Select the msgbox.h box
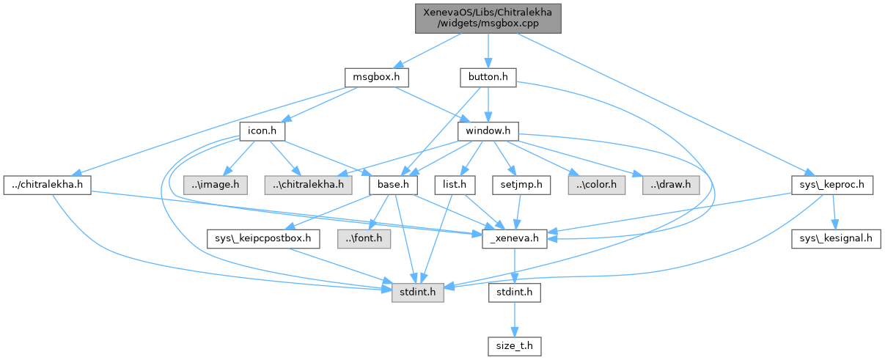pos(376,76)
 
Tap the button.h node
pos(488,76)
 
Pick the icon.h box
pos(262,131)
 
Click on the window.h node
pos(488,131)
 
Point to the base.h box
pos(393,185)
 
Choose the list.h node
pos(455,185)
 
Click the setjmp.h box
pos(521,185)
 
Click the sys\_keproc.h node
pos(833,185)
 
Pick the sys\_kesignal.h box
pos(834,239)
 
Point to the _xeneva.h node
pos(515,239)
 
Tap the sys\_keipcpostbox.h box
pos(263,239)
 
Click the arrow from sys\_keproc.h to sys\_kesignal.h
pos(834,213)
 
